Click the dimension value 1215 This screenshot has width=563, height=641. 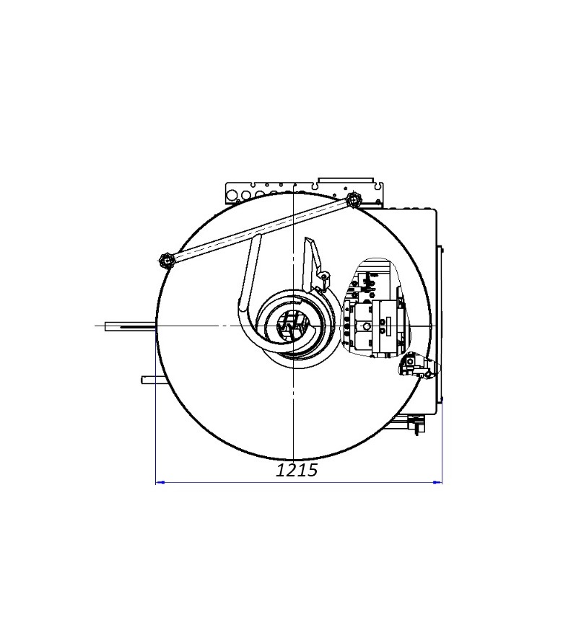297,471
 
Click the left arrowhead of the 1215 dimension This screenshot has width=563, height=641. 160,482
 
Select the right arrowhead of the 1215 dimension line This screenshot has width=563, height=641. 437,482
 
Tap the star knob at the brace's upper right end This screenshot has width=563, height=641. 352,201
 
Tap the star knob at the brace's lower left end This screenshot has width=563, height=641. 165,260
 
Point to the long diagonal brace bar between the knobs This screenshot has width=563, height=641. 259,230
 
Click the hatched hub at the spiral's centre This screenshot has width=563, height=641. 294,326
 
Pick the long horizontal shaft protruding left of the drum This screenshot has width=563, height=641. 131,326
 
